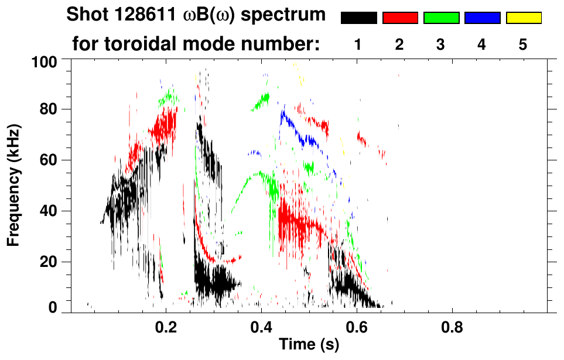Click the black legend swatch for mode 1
[359, 18]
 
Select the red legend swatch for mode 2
[400, 18]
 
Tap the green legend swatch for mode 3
[441, 18]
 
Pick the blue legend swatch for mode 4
[482, 18]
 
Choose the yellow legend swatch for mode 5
[523, 18]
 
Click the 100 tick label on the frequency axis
[45, 61]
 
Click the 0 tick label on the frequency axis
[53, 308]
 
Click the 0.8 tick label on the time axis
[452, 328]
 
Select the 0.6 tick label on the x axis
[356, 328]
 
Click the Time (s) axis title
[309, 345]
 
